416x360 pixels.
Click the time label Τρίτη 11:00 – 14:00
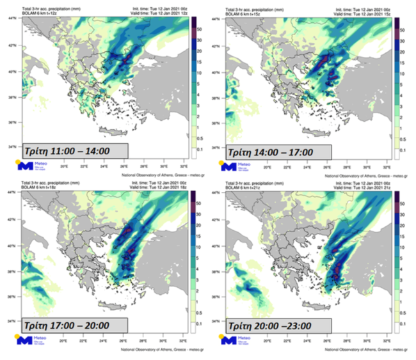coord(74,151)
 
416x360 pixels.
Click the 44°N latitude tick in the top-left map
coord(18,19)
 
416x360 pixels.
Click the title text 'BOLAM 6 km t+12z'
coord(40,12)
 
